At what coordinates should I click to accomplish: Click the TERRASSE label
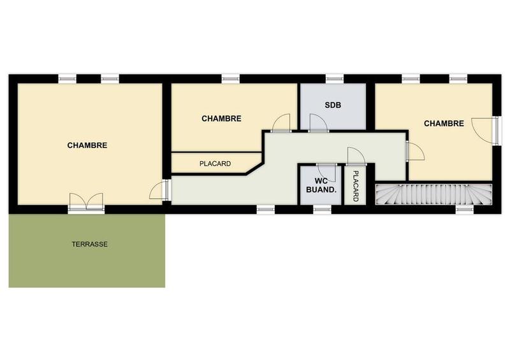pos(89,244)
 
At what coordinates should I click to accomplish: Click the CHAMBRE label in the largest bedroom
pos(87,145)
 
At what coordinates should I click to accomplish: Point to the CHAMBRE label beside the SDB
pos(221,119)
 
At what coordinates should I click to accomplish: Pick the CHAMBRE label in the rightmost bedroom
pos(444,124)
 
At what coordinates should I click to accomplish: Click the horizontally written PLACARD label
pos(215,164)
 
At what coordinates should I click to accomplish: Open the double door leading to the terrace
pos(86,202)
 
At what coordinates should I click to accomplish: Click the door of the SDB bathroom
pos(317,123)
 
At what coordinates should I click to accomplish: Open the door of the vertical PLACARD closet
pos(355,155)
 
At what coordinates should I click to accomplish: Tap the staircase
pos(434,194)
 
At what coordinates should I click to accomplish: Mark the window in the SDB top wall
pos(335,79)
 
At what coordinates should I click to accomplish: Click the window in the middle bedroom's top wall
pos(230,79)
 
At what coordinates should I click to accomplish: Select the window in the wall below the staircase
pos(465,208)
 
